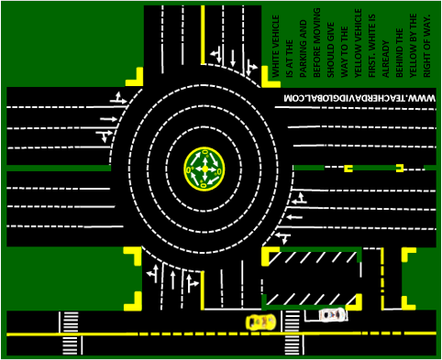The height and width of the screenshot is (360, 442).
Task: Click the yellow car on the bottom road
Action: click(x=261, y=322)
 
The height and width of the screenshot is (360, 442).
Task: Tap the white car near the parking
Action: click(x=332, y=315)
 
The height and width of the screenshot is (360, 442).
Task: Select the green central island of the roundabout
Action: click(x=204, y=169)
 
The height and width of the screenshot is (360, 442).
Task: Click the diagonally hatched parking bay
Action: click(x=312, y=278)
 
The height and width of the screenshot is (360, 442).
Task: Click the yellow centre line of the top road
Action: click(x=202, y=37)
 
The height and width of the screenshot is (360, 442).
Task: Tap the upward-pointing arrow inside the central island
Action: click(x=204, y=158)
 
